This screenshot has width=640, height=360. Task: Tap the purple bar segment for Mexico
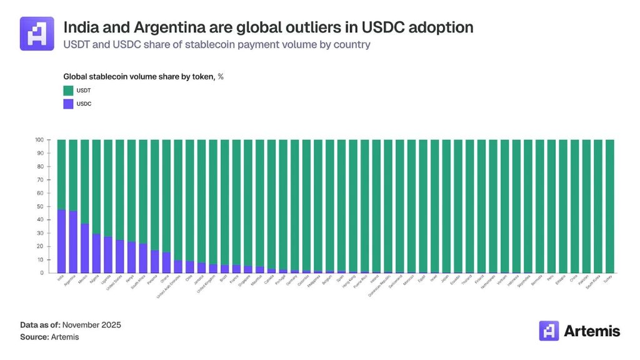click(84, 249)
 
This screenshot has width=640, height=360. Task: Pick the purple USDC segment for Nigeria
click(96, 254)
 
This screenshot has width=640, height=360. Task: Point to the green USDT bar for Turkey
click(610, 206)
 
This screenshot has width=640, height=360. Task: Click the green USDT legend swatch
click(69, 91)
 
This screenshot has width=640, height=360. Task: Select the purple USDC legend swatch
click(69, 104)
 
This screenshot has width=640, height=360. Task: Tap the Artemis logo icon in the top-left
click(37, 33)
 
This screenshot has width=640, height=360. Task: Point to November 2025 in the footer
click(91, 325)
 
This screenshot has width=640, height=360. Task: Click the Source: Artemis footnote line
click(50, 337)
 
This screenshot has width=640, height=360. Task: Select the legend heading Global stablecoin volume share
click(134, 76)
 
